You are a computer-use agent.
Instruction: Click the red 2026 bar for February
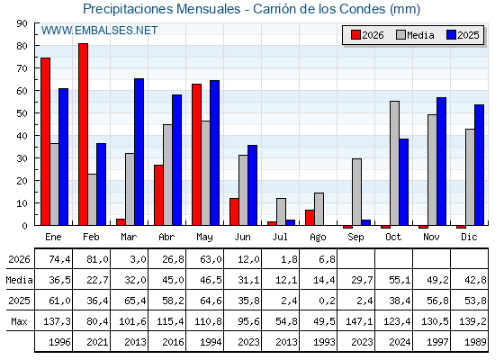click(83, 134)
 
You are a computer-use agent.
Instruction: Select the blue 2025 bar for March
click(139, 152)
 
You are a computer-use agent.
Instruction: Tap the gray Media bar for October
click(394, 163)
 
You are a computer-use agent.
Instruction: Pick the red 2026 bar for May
click(196, 155)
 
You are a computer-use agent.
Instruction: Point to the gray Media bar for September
click(356, 192)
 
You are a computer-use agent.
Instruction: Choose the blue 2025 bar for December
click(479, 165)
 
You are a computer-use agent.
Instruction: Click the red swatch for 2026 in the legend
click(355, 35)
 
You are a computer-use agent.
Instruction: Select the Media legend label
click(420, 35)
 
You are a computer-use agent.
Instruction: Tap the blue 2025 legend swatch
click(451, 35)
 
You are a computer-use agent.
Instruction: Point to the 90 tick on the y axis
click(22, 23)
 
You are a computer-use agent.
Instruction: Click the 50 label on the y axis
click(22, 113)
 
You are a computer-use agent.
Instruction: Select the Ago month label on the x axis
click(318, 238)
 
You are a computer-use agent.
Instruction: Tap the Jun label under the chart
click(242, 238)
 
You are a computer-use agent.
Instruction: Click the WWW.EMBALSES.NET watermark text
click(99, 31)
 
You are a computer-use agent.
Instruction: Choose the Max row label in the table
click(19, 321)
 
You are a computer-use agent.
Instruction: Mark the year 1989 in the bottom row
click(475, 342)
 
